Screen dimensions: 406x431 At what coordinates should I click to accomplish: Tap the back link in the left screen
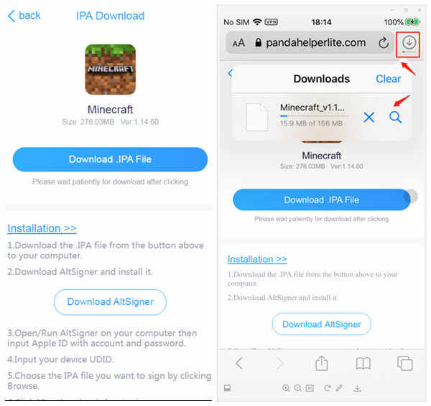coord(24,16)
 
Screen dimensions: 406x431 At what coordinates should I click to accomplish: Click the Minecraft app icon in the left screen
coord(110,70)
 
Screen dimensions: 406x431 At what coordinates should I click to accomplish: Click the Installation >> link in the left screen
coord(42,228)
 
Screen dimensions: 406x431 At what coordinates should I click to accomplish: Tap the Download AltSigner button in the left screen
coord(110,302)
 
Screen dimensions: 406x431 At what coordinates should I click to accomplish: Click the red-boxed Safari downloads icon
coord(409,42)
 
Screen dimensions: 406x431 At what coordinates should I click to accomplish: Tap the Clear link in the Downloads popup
coord(389,79)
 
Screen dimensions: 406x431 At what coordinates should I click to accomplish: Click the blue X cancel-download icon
coord(369,117)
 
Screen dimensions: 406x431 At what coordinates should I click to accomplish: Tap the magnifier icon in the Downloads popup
coord(396,117)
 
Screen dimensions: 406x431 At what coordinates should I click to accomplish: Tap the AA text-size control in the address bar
coord(239,43)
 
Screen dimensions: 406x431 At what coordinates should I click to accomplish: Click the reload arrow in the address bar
coord(384,43)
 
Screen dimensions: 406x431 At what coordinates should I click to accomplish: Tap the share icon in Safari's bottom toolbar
coord(322,364)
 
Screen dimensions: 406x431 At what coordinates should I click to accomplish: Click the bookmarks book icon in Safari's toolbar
coord(363,364)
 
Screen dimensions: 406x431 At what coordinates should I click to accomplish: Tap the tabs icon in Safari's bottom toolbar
coord(405,364)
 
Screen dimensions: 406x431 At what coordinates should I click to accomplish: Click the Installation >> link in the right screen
coord(257,259)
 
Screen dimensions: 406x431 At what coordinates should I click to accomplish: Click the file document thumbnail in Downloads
coord(256,117)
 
